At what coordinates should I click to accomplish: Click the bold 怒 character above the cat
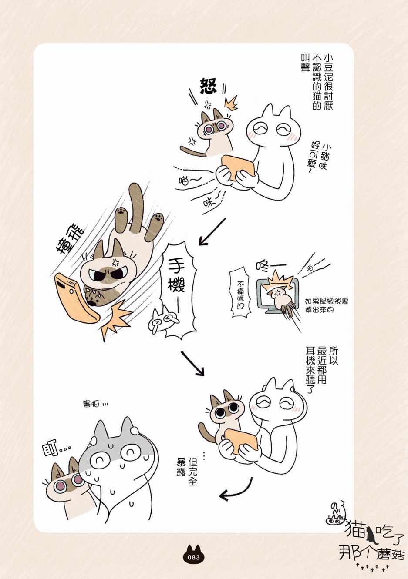[209, 86]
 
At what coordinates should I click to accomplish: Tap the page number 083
[194, 557]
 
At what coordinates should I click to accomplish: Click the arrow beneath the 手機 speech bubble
[192, 363]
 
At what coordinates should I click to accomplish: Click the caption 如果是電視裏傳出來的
[327, 305]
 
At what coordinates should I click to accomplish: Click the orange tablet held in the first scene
[239, 168]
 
